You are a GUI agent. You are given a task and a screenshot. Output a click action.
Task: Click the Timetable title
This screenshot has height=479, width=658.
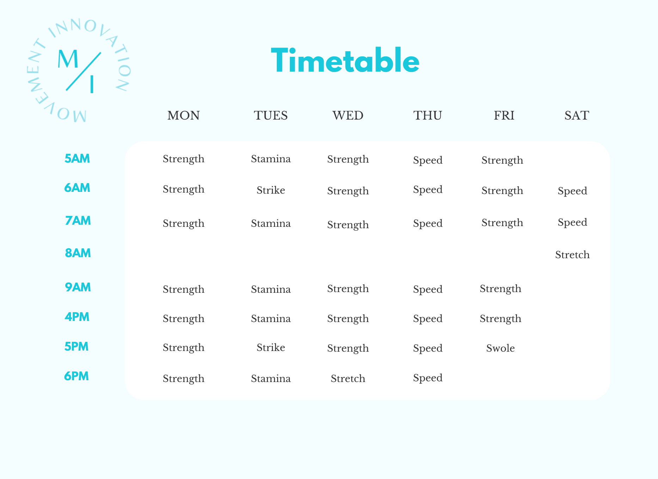pyautogui.click(x=345, y=61)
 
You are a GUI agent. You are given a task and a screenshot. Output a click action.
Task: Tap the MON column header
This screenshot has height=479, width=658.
pyautogui.click(x=183, y=115)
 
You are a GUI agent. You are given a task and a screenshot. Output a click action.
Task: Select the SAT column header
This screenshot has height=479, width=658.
pyautogui.click(x=577, y=115)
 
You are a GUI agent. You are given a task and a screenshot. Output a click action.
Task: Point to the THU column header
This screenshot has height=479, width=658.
pyautogui.click(x=427, y=115)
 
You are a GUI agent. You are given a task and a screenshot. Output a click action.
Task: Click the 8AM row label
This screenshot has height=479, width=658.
pyautogui.click(x=78, y=253)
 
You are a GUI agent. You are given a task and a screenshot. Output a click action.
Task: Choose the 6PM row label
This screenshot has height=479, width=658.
pyautogui.click(x=76, y=376)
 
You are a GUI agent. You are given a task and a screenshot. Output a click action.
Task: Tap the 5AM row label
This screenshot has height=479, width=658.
pyautogui.click(x=77, y=158)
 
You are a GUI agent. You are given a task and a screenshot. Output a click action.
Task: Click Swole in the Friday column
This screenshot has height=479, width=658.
pyautogui.click(x=500, y=348)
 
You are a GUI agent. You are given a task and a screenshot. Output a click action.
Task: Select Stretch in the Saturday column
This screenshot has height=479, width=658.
pyautogui.click(x=572, y=255)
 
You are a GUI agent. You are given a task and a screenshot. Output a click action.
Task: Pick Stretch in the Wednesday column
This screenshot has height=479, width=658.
pyautogui.click(x=348, y=378)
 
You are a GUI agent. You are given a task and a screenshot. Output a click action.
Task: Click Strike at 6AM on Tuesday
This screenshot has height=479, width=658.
pyautogui.click(x=271, y=190)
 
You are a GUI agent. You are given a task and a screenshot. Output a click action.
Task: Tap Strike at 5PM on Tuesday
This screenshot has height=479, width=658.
pyautogui.click(x=271, y=347)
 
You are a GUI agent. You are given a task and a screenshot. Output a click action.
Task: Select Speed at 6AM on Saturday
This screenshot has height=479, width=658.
pyautogui.click(x=572, y=191)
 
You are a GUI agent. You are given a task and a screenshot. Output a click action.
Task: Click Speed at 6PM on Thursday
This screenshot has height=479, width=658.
pyautogui.click(x=428, y=378)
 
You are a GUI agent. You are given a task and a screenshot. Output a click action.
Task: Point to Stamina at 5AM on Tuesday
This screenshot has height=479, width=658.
pyautogui.click(x=271, y=159)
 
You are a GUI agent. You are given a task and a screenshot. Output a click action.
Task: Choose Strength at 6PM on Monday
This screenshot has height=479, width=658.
pyautogui.click(x=183, y=378)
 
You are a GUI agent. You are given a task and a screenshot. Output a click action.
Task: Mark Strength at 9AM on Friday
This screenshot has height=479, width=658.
pyautogui.click(x=500, y=289)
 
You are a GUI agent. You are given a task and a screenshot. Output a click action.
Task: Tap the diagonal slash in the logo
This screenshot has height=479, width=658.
pyautogui.click(x=84, y=71)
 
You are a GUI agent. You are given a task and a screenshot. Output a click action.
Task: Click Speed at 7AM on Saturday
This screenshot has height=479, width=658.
pyautogui.click(x=572, y=222)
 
